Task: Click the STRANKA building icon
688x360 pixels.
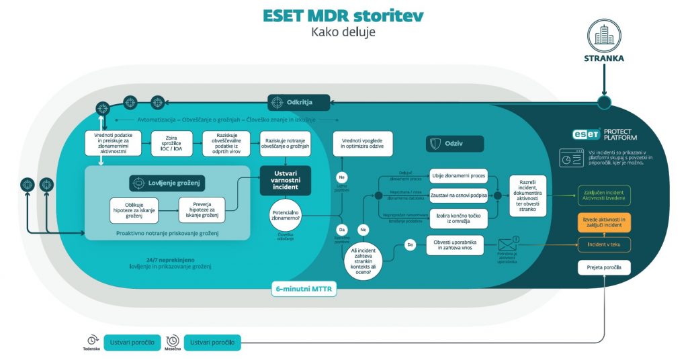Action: (x=604, y=34)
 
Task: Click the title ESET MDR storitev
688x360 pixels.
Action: (x=343, y=15)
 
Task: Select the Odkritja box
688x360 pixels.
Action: (x=300, y=102)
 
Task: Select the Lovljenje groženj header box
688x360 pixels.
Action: (x=167, y=183)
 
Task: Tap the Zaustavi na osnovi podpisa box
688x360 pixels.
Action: (x=459, y=196)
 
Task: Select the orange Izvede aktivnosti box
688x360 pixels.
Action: (x=604, y=222)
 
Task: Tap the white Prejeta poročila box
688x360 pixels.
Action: (x=604, y=268)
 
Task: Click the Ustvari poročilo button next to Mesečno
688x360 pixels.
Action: (x=212, y=343)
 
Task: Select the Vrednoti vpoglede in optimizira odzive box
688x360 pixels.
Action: (x=362, y=144)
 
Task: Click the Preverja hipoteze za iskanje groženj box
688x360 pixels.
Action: (x=202, y=209)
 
